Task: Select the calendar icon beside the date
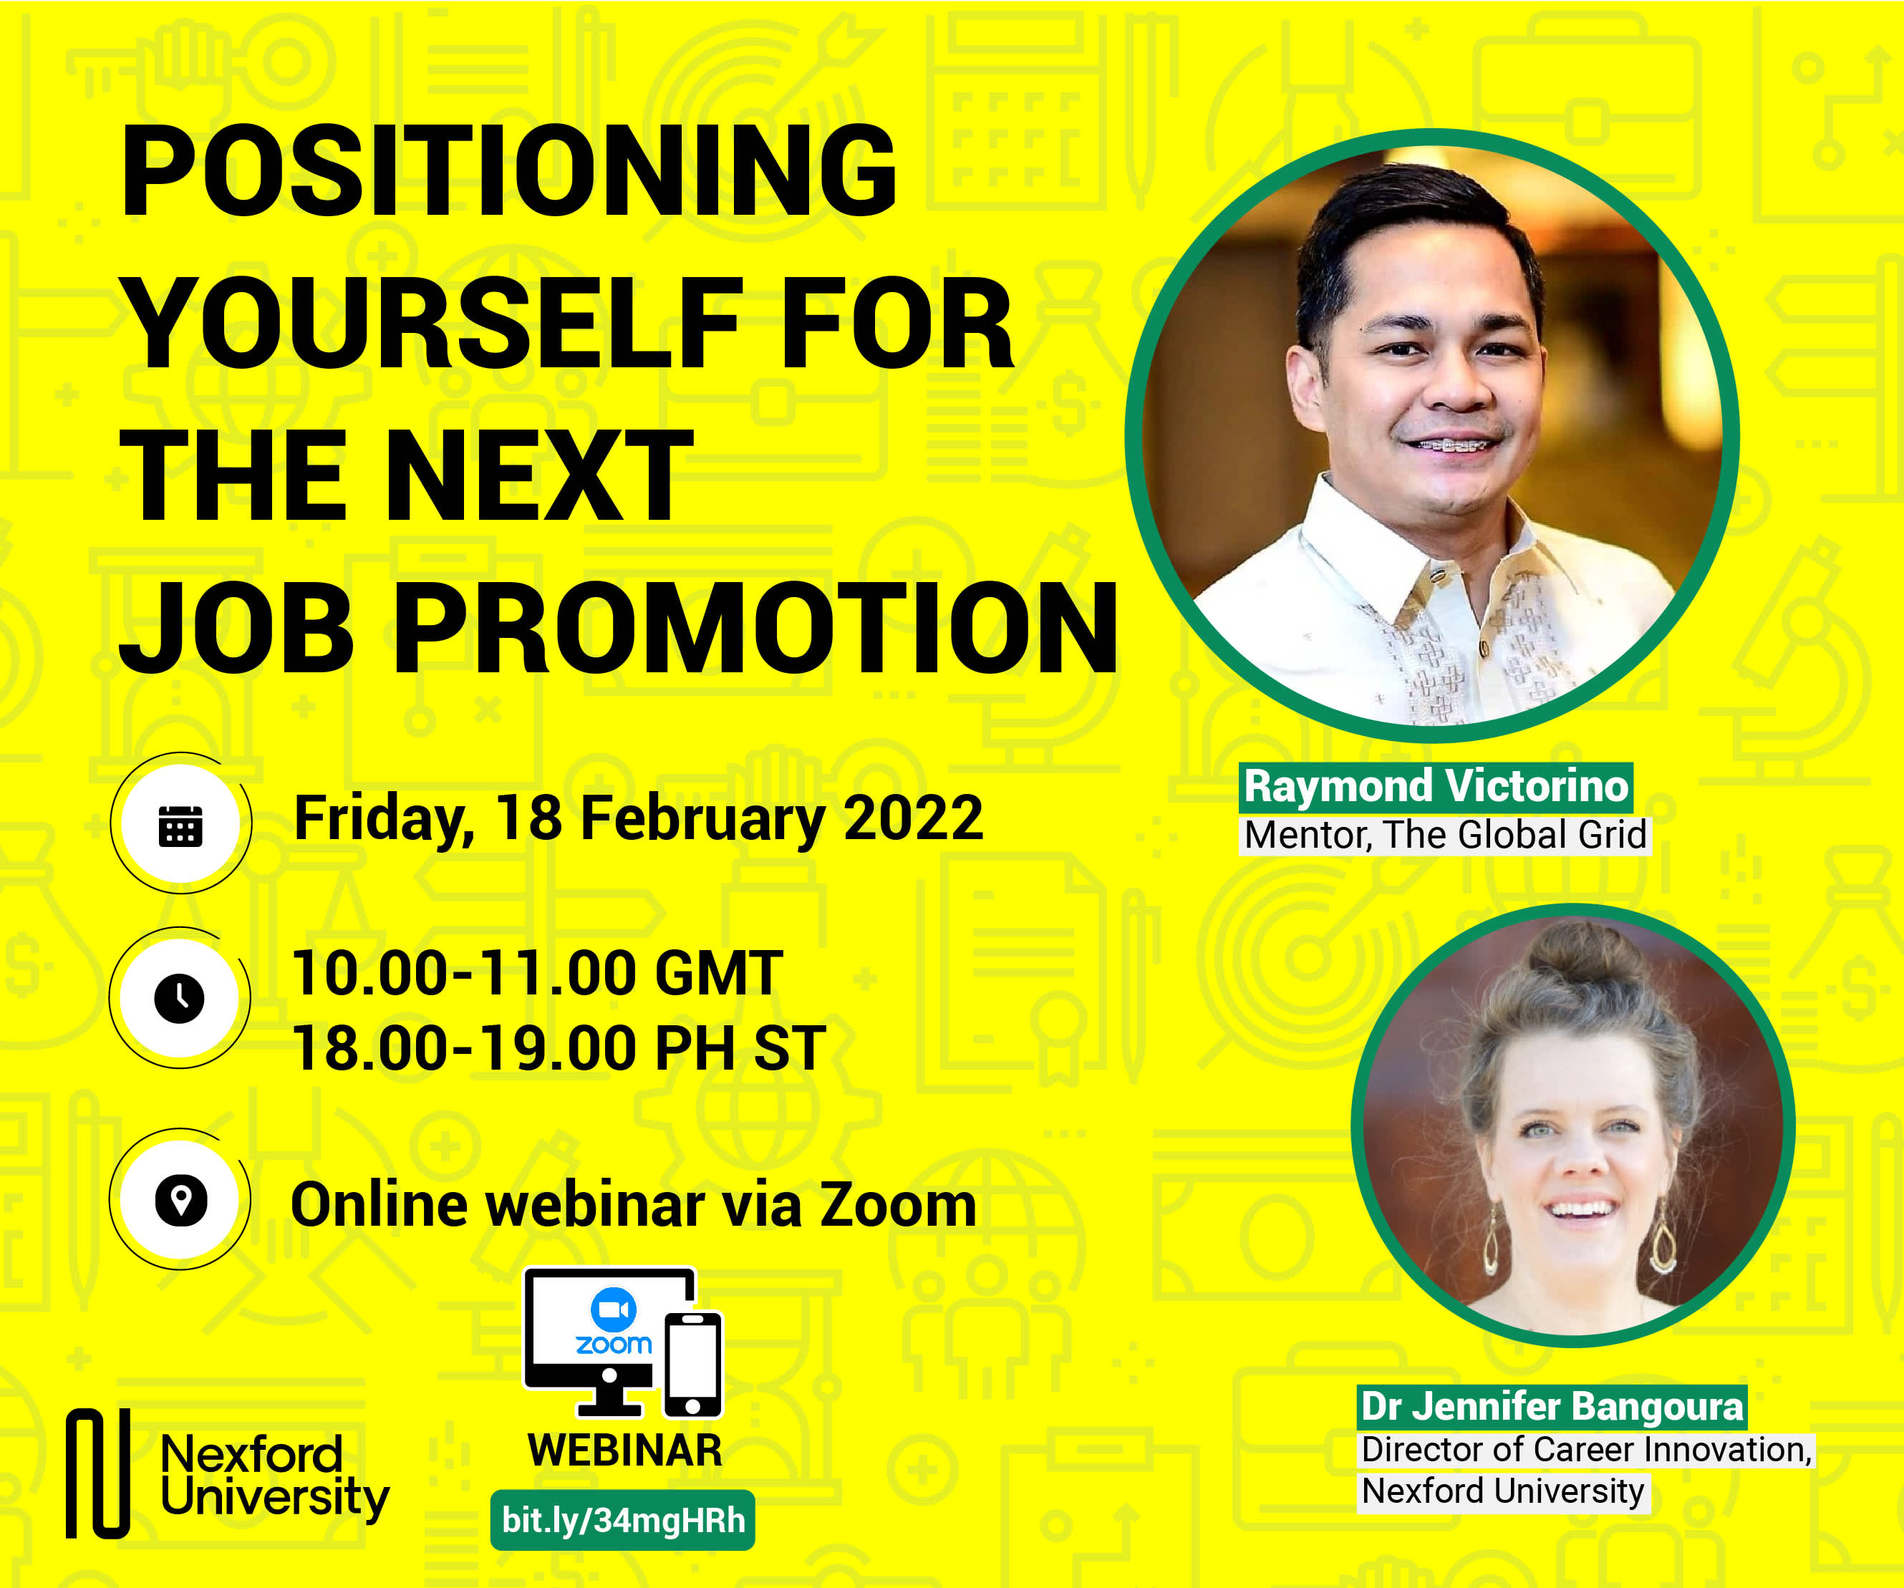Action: [180, 824]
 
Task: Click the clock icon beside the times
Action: [180, 999]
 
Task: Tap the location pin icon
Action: [180, 1200]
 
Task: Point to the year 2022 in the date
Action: [913, 818]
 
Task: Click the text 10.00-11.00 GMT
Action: [537, 972]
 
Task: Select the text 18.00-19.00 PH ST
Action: [559, 1047]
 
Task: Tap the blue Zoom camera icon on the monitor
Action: [614, 1309]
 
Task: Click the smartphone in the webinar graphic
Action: [692, 1363]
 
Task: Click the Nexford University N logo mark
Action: [98, 1473]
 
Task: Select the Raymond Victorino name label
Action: [1436, 786]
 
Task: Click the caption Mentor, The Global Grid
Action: [1445, 835]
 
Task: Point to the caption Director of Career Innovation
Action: [1587, 1449]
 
